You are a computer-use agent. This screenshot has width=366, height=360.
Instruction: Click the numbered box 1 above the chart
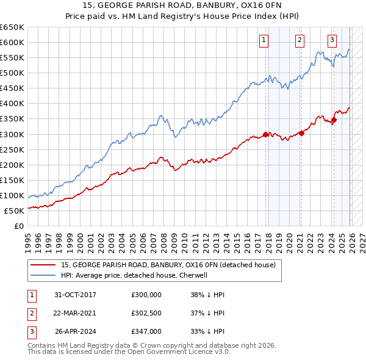[264, 41]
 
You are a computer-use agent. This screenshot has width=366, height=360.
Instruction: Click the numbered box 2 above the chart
[300, 41]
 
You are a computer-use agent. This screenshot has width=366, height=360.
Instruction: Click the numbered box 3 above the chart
[332, 41]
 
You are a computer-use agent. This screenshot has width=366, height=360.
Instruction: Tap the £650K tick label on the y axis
[12, 27]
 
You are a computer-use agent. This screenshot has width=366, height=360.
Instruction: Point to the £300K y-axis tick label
[12, 134]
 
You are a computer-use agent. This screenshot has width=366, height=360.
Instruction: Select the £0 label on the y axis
[19, 226]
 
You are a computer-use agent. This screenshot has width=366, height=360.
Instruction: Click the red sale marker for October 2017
[266, 134]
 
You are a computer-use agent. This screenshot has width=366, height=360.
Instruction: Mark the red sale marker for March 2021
[301, 134]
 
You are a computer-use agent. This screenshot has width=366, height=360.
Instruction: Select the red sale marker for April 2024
[334, 120]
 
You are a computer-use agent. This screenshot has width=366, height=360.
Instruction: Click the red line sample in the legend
[43, 265]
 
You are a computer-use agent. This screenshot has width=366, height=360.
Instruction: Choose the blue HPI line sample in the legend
[43, 276]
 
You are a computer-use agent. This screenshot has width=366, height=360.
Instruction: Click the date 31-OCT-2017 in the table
[75, 294]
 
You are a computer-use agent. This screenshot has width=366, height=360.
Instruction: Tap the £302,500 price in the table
[146, 313]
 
